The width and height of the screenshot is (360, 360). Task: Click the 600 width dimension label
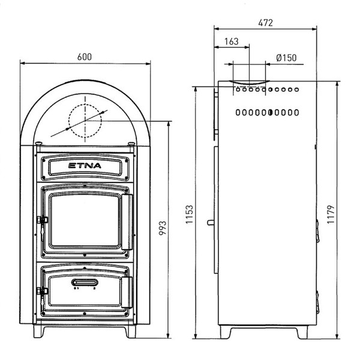[x=85, y=57]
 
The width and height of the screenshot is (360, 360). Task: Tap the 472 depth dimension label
[x=265, y=23]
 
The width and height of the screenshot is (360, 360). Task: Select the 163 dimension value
[x=232, y=41]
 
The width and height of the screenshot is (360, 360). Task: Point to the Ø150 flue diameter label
[x=286, y=58]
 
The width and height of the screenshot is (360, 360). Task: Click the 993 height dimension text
[x=163, y=228]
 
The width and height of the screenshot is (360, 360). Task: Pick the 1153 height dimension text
[x=190, y=214]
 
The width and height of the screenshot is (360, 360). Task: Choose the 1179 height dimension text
[x=331, y=214]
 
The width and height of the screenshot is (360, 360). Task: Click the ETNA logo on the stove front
[x=85, y=166]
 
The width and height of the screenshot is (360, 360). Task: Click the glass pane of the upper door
[x=85, y=220]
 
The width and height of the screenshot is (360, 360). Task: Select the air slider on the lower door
[x=85, y=282]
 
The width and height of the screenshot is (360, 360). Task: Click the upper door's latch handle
[x=127, y=222]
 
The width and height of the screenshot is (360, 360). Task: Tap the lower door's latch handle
[x=127, y=292]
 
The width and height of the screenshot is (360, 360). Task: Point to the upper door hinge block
[x=43, y=220]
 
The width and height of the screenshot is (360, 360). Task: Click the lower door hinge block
[x=43, y=292]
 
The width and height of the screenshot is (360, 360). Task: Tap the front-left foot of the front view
[x=38, y=331]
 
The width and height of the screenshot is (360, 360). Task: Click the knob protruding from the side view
[x=211, y=223]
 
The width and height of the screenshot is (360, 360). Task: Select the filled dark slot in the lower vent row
[x=271, y=112]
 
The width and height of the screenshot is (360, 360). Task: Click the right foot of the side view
[x=302, y=332]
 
